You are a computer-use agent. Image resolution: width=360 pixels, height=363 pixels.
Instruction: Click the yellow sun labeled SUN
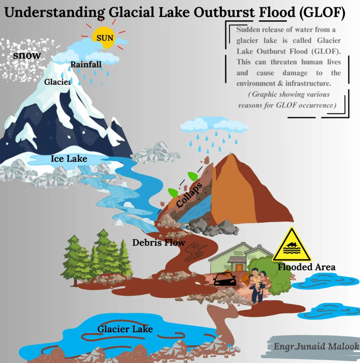click(103, 37)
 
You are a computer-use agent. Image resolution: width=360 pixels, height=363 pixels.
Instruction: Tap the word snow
click(27, 56)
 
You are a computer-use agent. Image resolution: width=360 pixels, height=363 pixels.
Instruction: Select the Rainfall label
click(86, 64)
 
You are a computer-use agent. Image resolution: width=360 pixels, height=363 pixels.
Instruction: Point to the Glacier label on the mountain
click(58, 82)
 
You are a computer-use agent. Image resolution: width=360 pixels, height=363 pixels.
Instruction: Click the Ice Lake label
click(69, 159)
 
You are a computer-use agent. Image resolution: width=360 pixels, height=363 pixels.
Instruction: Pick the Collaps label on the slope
click(189, 195)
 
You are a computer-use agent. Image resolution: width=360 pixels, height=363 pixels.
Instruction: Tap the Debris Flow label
click(159, 243)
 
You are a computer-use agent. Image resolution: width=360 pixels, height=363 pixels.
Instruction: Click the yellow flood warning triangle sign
click(292, 246)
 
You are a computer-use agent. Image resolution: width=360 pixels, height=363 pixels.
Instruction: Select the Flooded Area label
click(307, 267)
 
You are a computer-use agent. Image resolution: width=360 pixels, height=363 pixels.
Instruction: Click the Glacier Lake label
click(125, 329)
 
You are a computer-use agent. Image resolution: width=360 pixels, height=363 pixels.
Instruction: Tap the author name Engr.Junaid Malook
click(316, 347)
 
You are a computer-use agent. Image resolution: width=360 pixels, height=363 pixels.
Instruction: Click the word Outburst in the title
click(224, 12)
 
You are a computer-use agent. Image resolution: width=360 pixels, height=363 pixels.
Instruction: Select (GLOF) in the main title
click(322, 13)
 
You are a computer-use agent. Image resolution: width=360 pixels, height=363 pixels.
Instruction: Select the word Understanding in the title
click(54, 13)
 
